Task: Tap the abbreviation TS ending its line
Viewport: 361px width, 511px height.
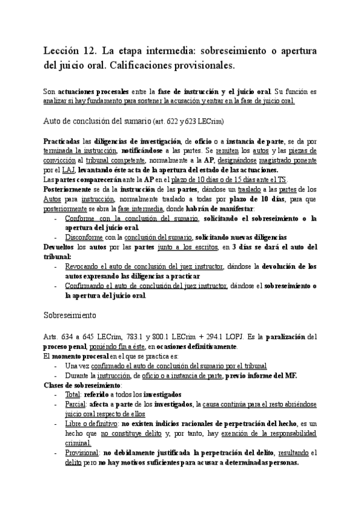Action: (x=281, y=180)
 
